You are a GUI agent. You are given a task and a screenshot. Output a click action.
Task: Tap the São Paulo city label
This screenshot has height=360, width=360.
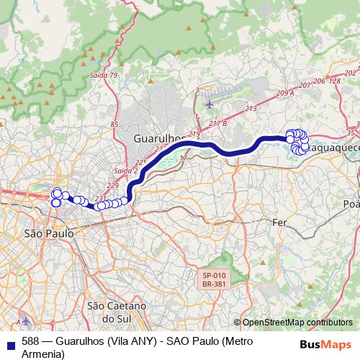point(48,233)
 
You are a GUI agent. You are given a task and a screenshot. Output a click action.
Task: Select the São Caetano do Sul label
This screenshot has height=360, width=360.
point(116,311)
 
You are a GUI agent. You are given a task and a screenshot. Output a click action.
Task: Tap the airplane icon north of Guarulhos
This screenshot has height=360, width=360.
point(210,103)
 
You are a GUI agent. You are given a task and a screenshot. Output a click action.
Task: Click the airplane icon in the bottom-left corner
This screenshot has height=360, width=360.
point(26,320)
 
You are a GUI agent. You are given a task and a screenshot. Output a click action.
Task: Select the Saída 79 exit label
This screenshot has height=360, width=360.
point(104,75)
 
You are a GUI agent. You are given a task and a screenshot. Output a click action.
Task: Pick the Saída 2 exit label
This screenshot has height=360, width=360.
point(125,171)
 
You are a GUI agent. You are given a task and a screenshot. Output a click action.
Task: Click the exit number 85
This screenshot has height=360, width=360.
point(114,125)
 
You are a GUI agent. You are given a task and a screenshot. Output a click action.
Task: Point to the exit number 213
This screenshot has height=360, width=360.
point(251,109)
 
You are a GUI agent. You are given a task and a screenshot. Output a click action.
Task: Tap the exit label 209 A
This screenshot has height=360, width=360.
point(285,94)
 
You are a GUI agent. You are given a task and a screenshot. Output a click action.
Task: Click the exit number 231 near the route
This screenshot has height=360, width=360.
point(102,199)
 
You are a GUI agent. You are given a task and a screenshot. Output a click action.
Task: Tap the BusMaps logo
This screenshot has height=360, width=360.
point(325,343)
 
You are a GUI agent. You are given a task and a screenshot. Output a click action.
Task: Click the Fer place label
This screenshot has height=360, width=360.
point(279,223)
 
